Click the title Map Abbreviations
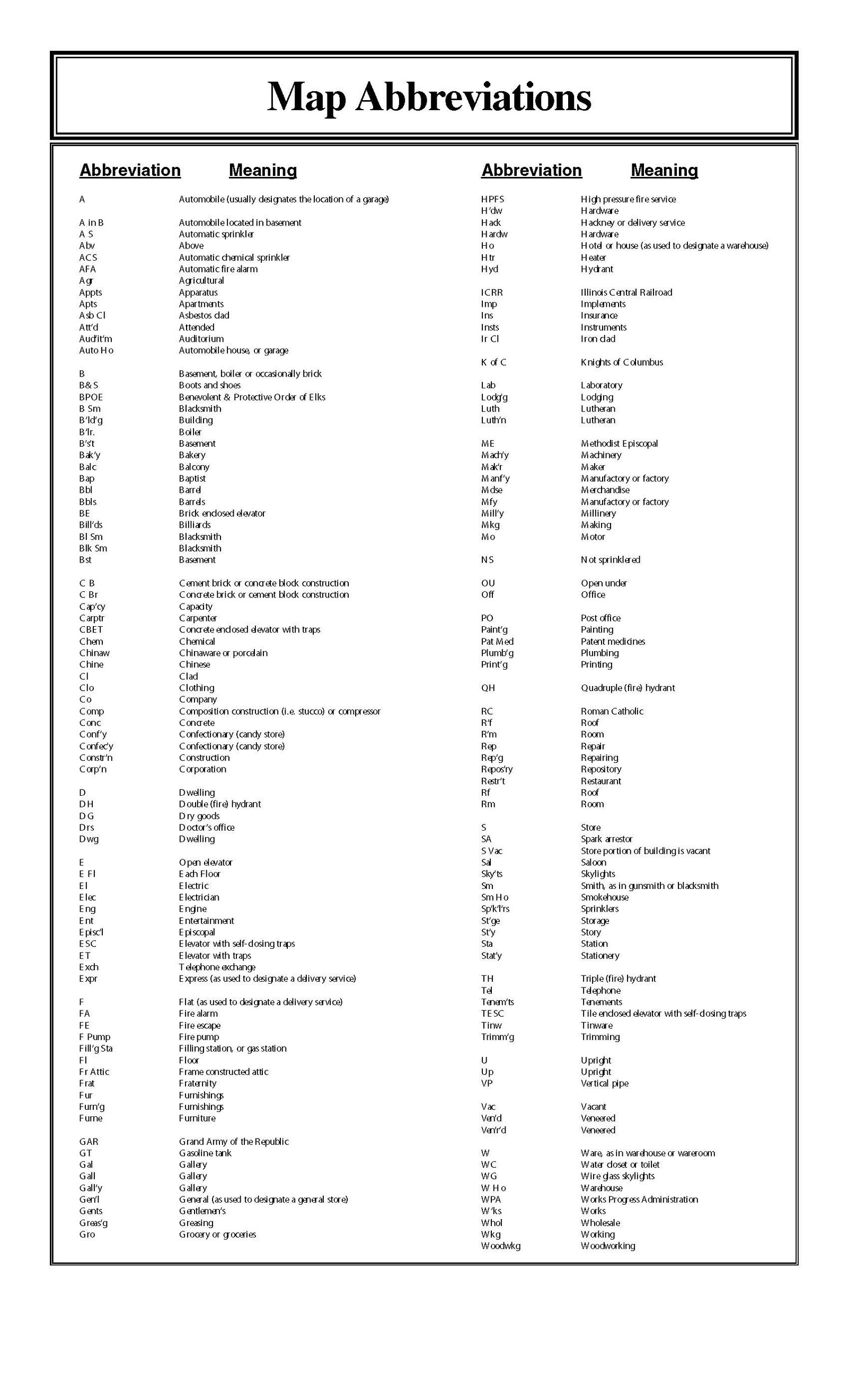coord(429,97)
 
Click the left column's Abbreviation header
coord(130,170)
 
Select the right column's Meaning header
coord(664,170)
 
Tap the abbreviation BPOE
coord(91,397)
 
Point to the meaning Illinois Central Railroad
coord(626,292)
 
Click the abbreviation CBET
coord(91,629)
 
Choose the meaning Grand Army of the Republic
coord(234,1142)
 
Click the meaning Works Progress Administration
coord(639,1199)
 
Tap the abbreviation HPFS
coord(492,199)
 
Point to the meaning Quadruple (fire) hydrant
coord(628,688)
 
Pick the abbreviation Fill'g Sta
coord(96,1048)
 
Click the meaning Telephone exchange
coord(217,967)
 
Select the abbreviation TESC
coord(492,1013)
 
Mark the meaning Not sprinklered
coord(610,560)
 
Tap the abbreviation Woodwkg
coord(500,1246)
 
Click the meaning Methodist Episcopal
coord(619,443)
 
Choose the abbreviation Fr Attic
coord(94,1071)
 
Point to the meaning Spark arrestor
coord(606,839)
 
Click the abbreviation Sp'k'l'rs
coord(495,909)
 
